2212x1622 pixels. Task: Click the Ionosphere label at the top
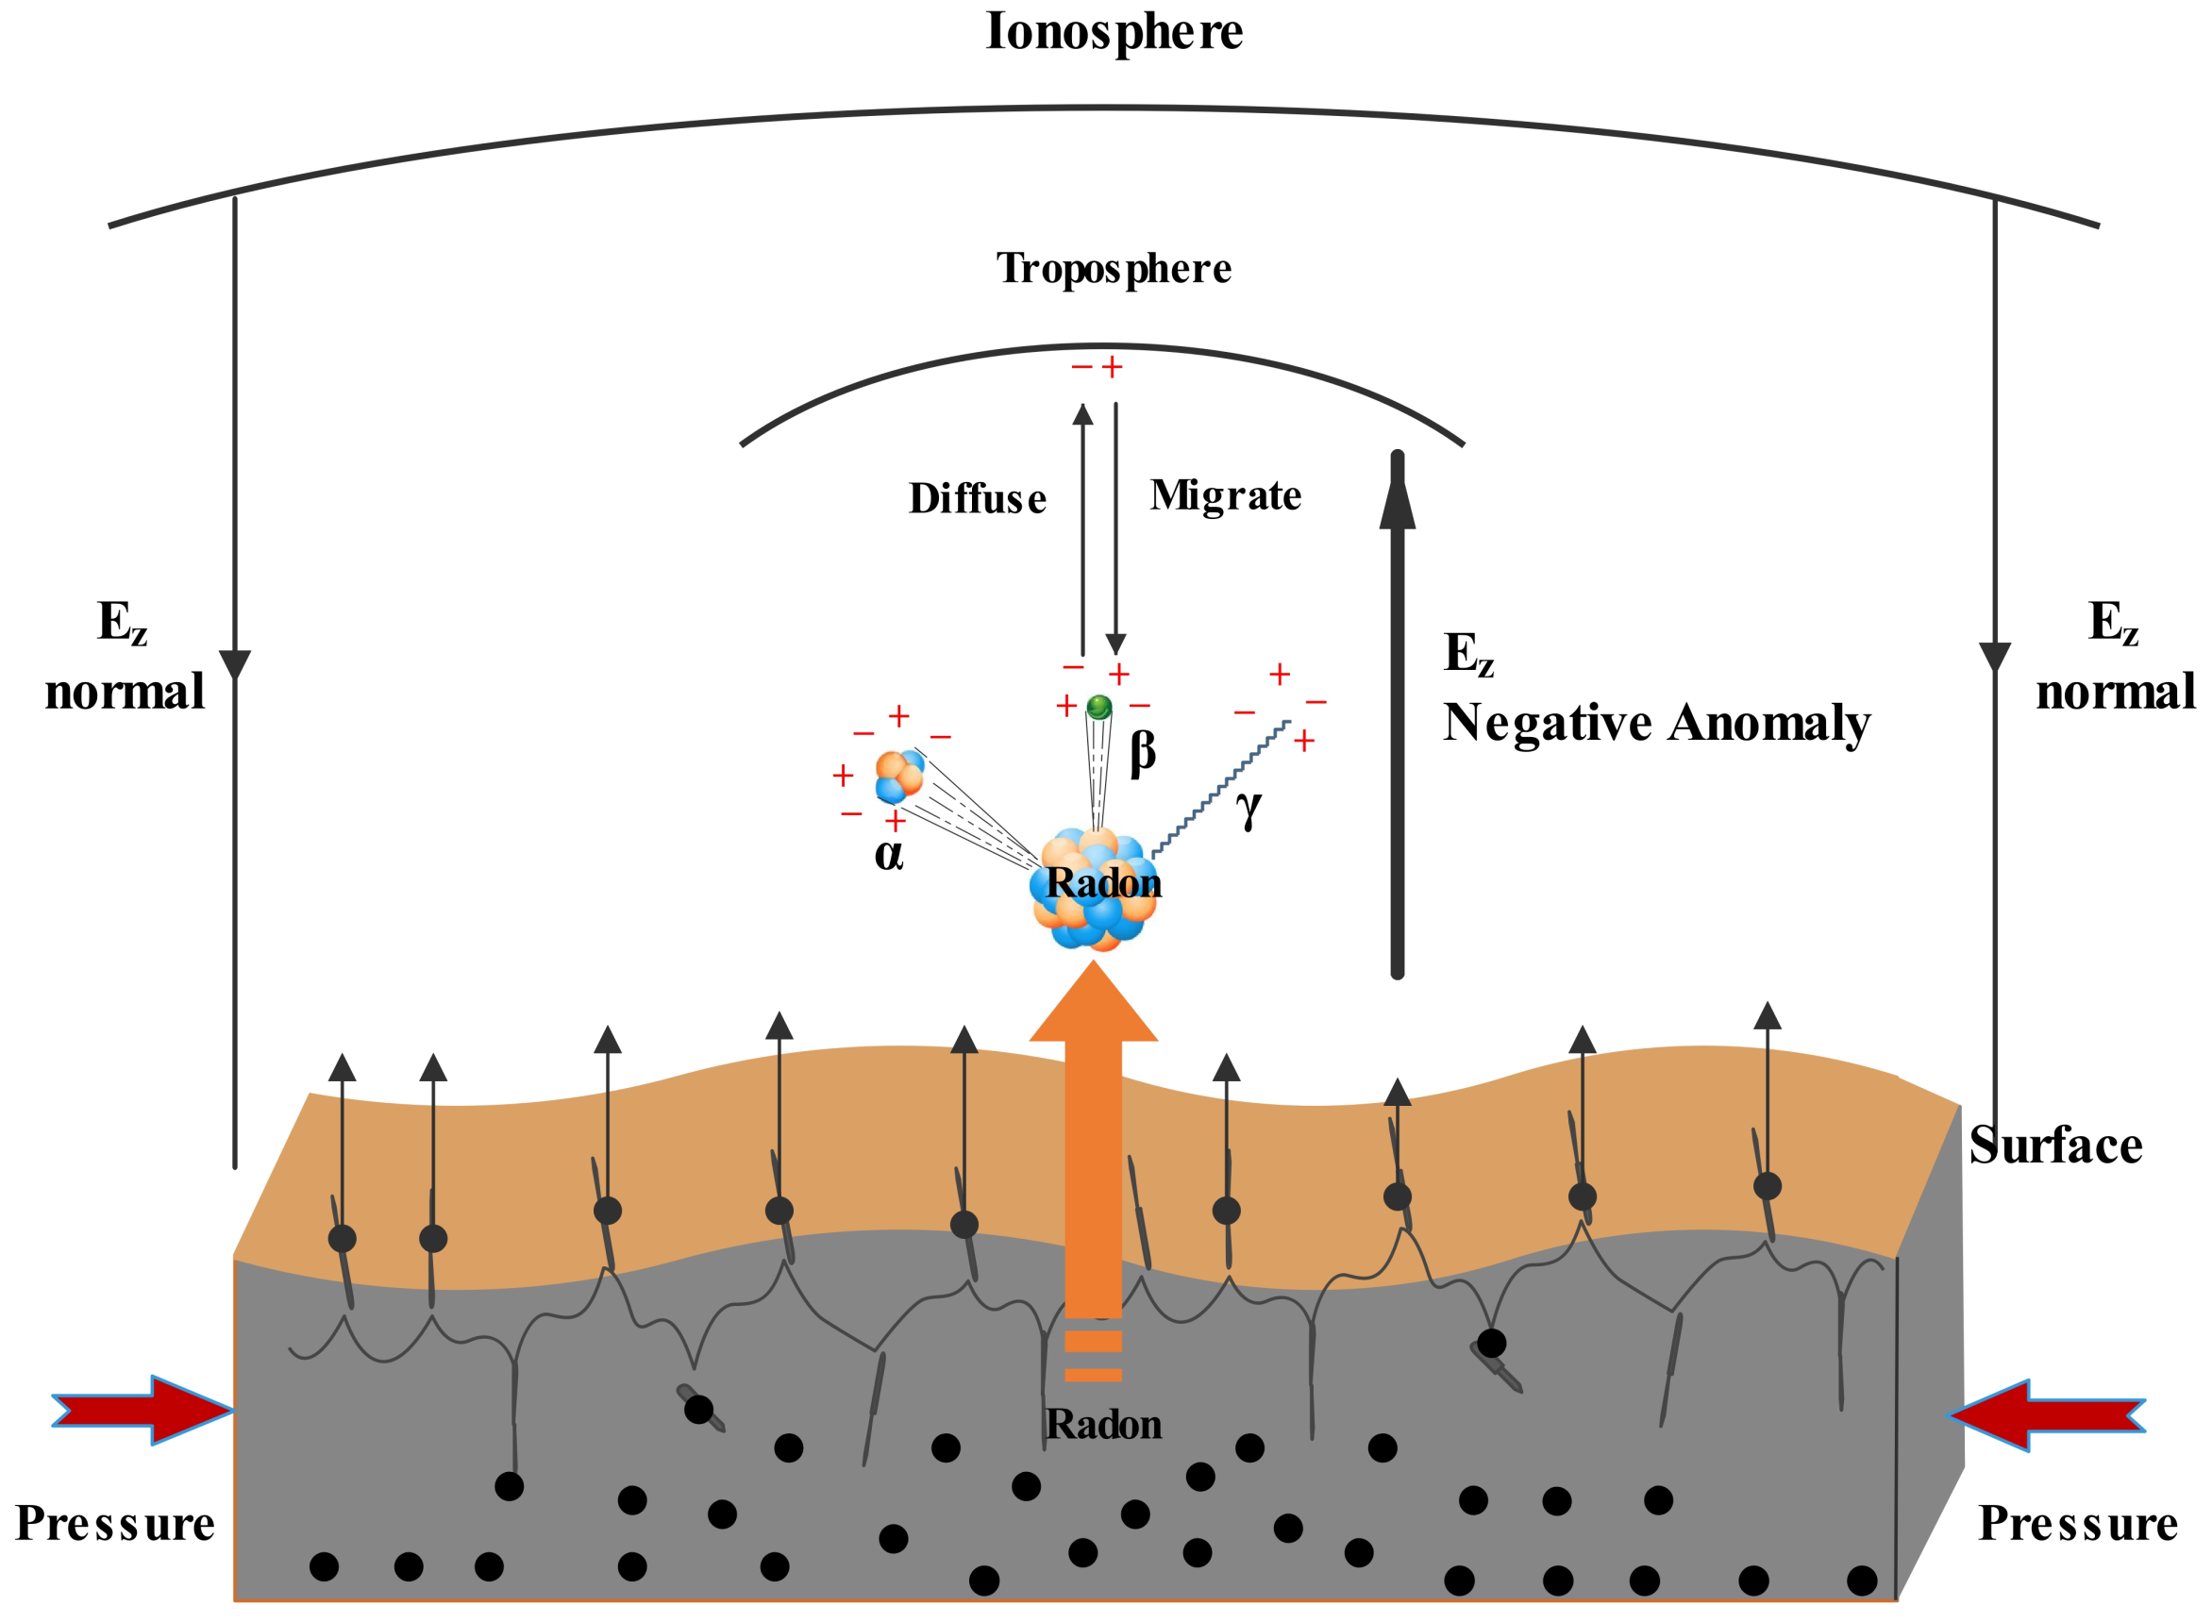coord(1114,31)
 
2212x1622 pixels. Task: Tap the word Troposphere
coord(1114,268)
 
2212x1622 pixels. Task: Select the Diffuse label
coord(977,499)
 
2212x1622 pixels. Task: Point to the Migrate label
coord(1225,495)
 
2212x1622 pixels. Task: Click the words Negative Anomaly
coord(1655,724)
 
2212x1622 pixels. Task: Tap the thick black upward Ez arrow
coord(1397,717)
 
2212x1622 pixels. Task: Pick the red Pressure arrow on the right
coord(2046,1414)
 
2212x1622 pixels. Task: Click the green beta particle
coord(1098,706)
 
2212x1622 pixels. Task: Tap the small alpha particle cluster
coord(898,777)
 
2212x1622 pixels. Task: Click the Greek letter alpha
coord(889,854)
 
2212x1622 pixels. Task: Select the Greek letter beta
coord(1142,753)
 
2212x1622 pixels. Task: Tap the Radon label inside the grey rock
coord(1103,1425)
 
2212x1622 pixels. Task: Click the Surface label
coord(2055,1145)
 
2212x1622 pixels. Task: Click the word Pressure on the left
coord(115,1524)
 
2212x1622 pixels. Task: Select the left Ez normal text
coord(125,657)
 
